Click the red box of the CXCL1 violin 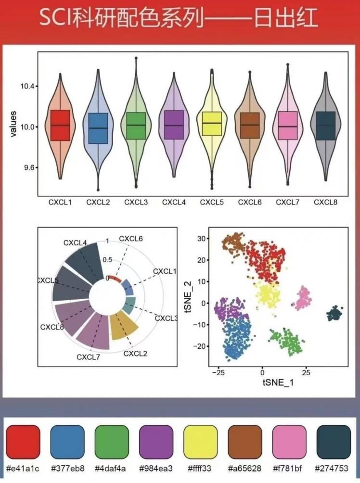[x=60, y=125]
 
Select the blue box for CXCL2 [x=98, y=128]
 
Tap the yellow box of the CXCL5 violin [x=212, y=124]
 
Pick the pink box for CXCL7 [x=288, y=126]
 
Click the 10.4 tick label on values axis [x=27, y=87]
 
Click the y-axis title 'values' [x=14, y=124]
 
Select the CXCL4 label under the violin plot [x=174, y=203]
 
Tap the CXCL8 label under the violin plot [x=326, y=203]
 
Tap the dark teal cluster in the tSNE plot [x=334, y=315]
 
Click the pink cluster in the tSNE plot [x=304, y=298]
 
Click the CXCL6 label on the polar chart [x=131, y=239]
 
